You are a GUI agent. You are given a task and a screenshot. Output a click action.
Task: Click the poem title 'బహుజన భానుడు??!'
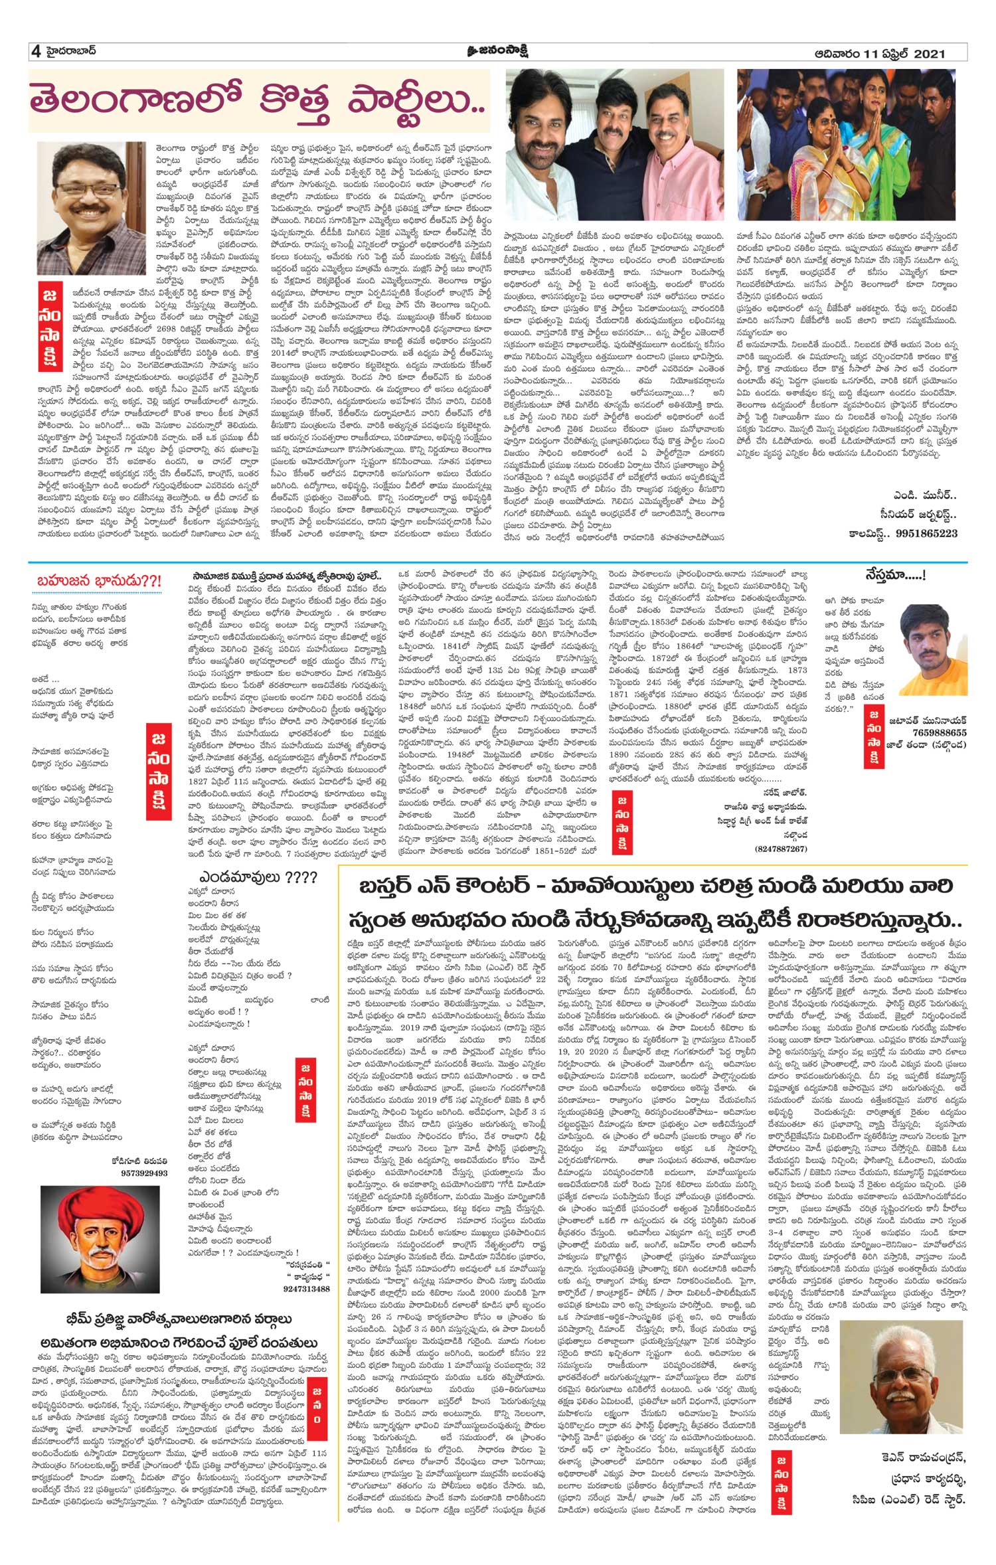(98, 581)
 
